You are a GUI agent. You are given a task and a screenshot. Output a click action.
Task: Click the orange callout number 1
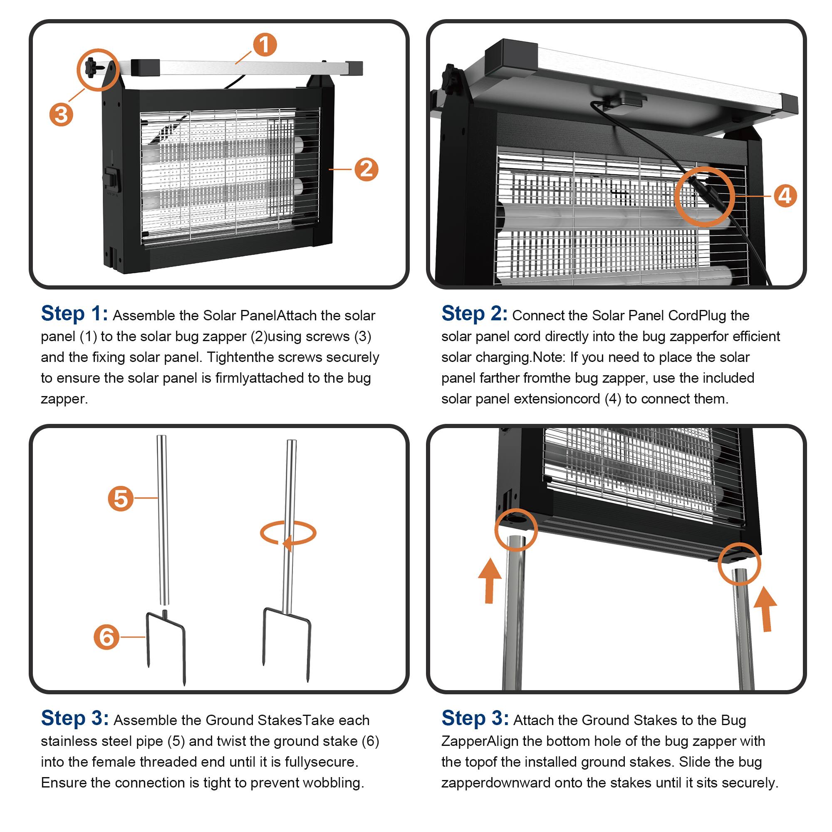click(x=265, y=45)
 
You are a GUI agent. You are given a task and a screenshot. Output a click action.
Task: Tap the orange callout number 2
click(x=366, y=169)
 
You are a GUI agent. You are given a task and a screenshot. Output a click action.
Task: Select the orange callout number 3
click(x=61, y=114)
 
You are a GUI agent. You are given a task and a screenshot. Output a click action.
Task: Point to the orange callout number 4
click(x=785, y=196)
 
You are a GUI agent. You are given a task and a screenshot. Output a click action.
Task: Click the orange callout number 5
click(x=121, y=498)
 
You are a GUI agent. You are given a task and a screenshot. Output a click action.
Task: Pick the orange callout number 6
click(x=106, y=637)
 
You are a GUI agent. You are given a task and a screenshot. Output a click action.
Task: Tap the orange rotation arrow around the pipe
click(x=288, y=535)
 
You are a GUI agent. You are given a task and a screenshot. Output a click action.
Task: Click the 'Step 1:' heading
click(x=74, y=314)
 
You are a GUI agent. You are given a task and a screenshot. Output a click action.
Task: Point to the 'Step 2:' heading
click(x=475, y=314)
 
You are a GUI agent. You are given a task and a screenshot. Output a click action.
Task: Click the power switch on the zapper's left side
click(x=112, y=177)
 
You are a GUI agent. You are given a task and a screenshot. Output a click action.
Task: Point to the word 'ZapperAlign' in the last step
click(x=480, y=741)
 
